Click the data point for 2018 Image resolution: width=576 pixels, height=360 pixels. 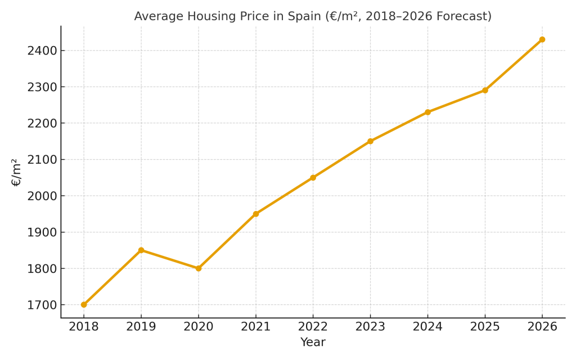click(84, 304)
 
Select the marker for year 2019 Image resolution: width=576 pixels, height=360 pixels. click(141, 250)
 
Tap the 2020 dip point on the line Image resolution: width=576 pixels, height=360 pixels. click(199, 268)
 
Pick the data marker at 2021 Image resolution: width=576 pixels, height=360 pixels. click(256, 214)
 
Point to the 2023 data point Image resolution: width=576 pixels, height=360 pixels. click(370, 141)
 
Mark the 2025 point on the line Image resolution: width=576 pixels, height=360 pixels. click(485, 90)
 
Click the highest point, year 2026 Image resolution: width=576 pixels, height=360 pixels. click(542, 39)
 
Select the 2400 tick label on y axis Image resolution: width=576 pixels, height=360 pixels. click(43, 51)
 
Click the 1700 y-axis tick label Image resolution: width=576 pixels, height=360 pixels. click(43, 305)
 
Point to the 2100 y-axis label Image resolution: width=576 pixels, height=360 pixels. click(43, 160)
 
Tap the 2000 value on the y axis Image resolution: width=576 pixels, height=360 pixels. click(43, 196)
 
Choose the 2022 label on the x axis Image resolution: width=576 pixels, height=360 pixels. click(313, 327)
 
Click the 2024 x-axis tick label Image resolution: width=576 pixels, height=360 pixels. click(427, 327)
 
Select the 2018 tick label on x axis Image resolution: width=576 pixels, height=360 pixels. click(84, 327)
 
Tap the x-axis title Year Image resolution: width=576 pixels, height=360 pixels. click(313, 342)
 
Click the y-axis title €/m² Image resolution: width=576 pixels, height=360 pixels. click(16, 172)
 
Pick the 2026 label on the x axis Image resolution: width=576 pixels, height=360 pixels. click(542, 327)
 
